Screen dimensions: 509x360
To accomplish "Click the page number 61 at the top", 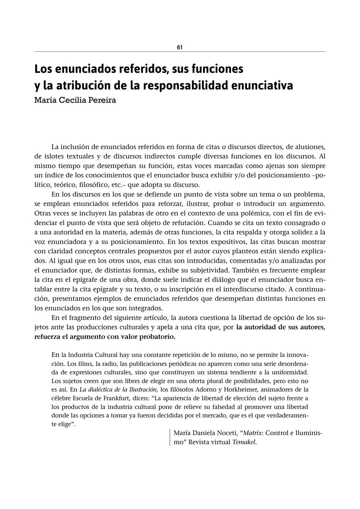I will coord(180,47).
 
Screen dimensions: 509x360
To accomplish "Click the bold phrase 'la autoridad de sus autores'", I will coord(281,327).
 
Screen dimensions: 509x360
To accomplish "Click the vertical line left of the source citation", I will coord(170,437).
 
